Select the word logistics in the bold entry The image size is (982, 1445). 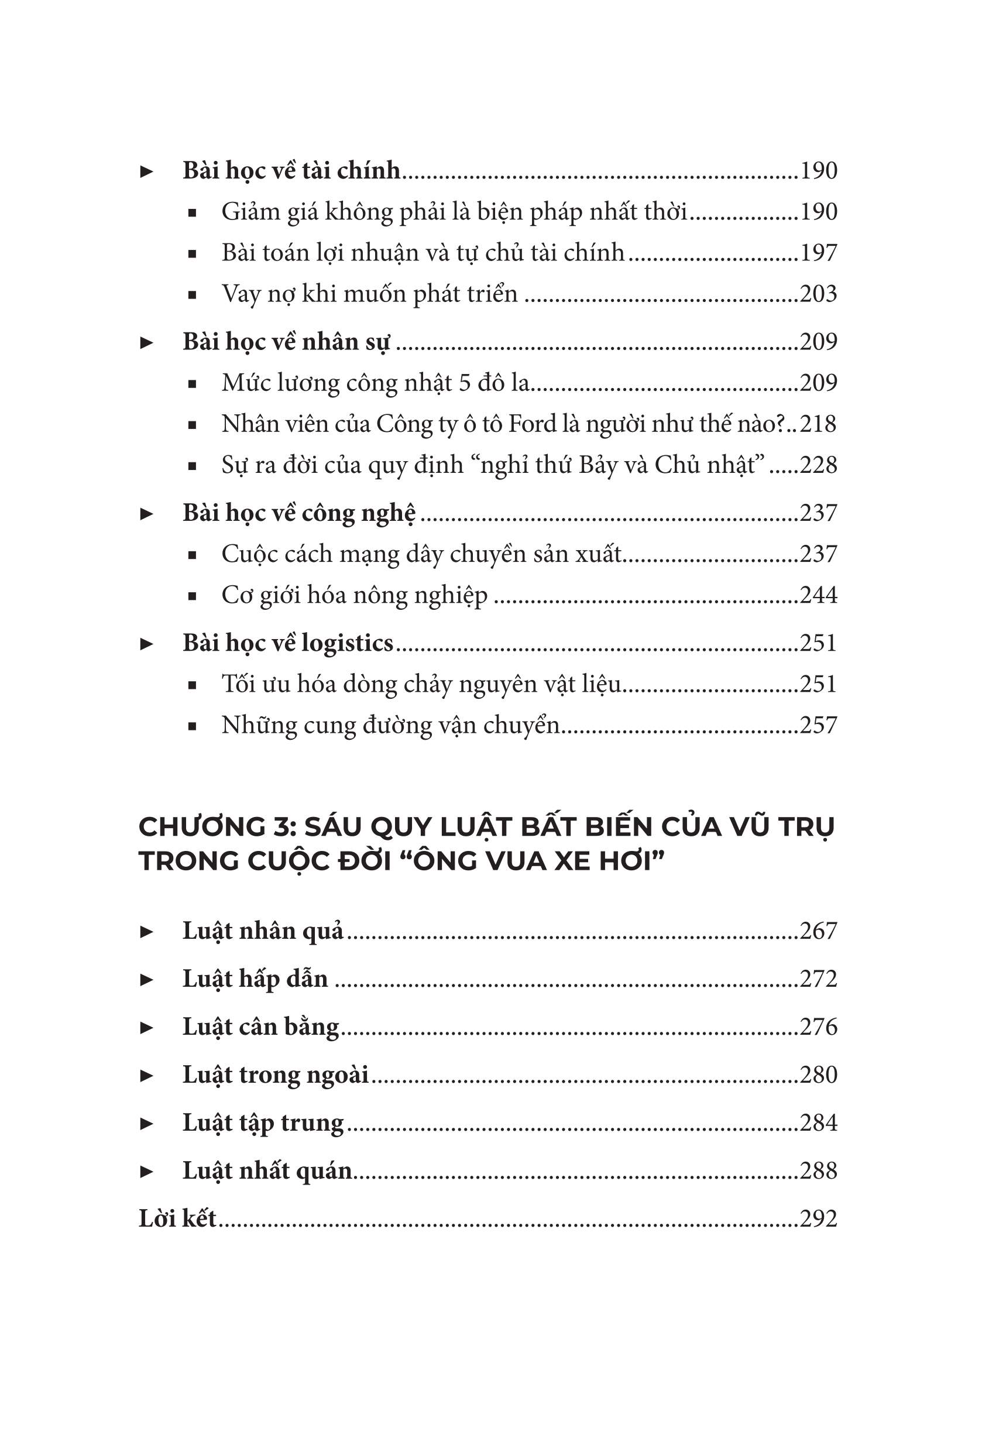pos(347,643)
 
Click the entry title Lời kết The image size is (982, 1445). pos(177,1218)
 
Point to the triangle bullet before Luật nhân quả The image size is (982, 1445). pos(147,931)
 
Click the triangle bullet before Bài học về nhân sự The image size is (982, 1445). pos(147,342)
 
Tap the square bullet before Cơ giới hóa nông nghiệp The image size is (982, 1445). pos(192,596)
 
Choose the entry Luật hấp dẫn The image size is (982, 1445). pos(255,979)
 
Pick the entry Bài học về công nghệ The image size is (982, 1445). pos(299,513)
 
